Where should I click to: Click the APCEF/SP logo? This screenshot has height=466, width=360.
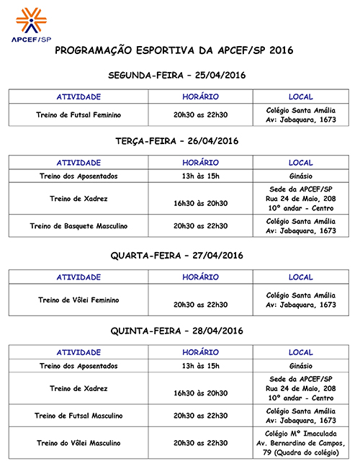click(32, 24)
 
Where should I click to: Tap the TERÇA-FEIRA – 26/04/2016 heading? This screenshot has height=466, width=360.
click(177, 140)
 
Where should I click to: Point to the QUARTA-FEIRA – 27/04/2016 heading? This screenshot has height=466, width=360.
click(177, 256)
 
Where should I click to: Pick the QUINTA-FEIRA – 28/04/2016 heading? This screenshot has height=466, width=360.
click(177, 331)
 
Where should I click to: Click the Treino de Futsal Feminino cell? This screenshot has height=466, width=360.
click(78, 115)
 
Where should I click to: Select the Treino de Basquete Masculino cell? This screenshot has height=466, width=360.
click(78, 226)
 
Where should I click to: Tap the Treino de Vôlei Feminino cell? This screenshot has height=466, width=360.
click(78, 300)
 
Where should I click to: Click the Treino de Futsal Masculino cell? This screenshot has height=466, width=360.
click(78, 416)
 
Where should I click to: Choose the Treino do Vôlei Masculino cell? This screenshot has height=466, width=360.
click(78, 443)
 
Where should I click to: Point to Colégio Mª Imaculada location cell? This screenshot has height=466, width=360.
click(301, 443)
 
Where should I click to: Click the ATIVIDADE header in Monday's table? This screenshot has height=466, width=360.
click(78, 97)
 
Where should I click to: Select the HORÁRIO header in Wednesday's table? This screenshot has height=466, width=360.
click(200, 277)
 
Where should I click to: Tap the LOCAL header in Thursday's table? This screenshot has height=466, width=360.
click(301, 353)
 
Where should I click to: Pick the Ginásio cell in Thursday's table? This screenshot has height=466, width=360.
click(301, 366)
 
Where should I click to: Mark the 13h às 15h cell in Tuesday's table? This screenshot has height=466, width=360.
click(200, 176)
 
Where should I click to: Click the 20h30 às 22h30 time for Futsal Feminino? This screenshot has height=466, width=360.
click(200, 115)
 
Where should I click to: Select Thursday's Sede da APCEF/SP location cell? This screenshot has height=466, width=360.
click(301, 389)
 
